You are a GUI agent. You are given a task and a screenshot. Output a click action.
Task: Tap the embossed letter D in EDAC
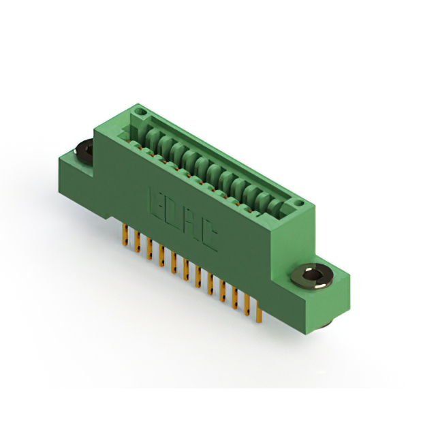[174, 213]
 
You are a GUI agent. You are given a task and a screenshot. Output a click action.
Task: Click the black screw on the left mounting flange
[84, 152]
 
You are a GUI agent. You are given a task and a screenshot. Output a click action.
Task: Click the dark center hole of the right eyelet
[311, 275]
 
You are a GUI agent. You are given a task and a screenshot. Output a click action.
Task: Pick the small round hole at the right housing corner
[298, 203]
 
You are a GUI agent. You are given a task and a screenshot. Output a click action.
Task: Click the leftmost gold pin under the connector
[125, 235]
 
